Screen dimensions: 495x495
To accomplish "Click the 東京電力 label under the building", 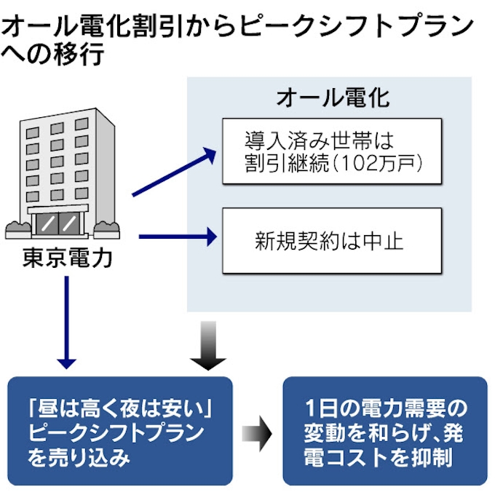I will click(68, 257).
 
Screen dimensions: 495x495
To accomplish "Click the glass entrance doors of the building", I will click(59, 223).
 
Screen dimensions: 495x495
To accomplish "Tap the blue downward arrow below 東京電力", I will click(67, 320).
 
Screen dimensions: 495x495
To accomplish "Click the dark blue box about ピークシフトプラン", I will click(120, 430).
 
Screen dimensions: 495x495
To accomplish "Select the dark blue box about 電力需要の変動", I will click(384, 430).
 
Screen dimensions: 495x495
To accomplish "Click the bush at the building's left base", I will click(17, 228).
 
